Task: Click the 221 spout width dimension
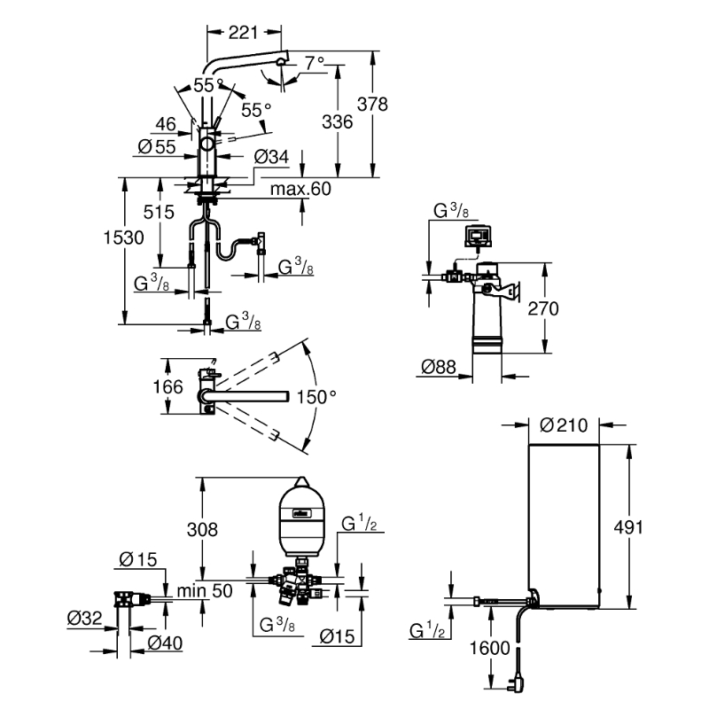(243, 33)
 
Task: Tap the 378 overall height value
(372, 104)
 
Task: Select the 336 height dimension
(338, 121)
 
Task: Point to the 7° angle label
(315, 63)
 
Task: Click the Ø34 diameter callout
(271, 157)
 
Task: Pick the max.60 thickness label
(300, 189)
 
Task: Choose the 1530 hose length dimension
(123, 238)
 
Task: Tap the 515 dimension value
(159, 212)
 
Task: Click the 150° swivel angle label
(316, 397)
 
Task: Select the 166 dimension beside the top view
(168, 387)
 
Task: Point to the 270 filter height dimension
(543, 308)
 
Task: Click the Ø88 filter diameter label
(439, 367)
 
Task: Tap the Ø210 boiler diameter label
(564, 425)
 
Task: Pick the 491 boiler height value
(628, 527)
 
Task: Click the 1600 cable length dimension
(490, 648)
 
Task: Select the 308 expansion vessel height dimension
(202, 529)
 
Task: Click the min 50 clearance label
(205, 590)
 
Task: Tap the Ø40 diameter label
(165, 643)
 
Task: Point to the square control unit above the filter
(478, 235)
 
